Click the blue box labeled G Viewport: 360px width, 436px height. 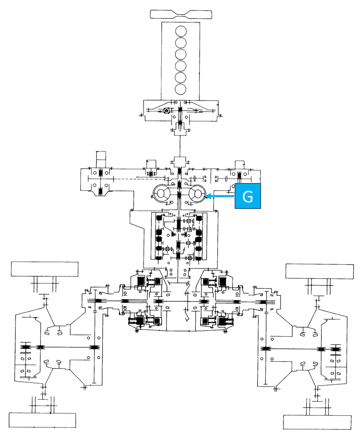click(x=248, y=196)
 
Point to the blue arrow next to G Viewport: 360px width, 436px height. click(x=220, y=196)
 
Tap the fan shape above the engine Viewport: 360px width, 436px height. click(x=181, y=14)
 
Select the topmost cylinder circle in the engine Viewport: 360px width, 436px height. click(x=181, y=31)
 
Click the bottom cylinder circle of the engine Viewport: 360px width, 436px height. click(x=181, y=89)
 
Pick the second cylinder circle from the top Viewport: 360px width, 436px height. click(x=181, y=43)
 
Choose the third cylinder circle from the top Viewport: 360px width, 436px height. click(x=181, y=54)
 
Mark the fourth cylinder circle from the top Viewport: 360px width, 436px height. click(x=181, y=66)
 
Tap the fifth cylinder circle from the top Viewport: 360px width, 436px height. click(x=181, y=77)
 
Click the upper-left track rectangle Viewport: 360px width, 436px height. click(x=45, y=269)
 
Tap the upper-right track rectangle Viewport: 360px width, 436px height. click(x=320, y=271)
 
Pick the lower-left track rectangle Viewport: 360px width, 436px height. click(x=42, y=420)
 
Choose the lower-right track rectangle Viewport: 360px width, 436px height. click(x=317, y=423)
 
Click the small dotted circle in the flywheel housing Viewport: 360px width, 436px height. click(x=166, y=111)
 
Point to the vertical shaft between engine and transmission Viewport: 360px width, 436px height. click(x=180, y=146)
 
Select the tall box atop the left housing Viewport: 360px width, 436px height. click(x=101, y=160)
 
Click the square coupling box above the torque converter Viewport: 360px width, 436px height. click(x=180, y=162)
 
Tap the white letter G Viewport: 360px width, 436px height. click(x=248, y=196)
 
